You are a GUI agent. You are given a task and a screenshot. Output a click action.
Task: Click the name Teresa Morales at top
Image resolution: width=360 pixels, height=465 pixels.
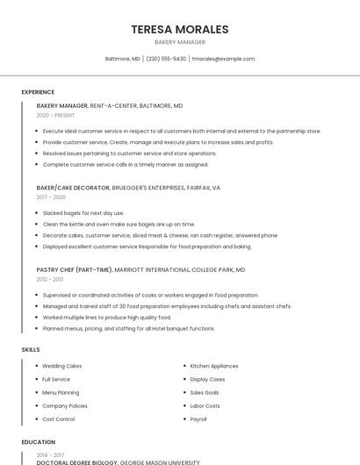(179, 29)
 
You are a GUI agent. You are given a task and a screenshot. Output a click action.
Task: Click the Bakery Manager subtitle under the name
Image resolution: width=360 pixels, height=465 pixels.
(179, 42)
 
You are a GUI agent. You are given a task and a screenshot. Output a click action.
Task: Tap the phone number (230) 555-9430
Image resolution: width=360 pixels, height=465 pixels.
(166, 59)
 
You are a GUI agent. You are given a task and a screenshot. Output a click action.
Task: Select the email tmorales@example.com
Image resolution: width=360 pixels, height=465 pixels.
(223, 59)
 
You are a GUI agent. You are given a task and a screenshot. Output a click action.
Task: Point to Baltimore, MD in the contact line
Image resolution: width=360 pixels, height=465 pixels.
(123, 59)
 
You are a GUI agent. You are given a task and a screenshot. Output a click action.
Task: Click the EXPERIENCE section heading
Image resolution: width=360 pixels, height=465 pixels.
(38, 92)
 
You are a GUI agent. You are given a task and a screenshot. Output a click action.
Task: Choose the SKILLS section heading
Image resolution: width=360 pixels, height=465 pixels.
(31, 349)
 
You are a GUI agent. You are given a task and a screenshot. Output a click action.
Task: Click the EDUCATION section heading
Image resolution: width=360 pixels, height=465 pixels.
(38, 442)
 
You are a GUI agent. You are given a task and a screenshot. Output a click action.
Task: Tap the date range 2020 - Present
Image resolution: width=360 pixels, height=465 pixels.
(55, 115)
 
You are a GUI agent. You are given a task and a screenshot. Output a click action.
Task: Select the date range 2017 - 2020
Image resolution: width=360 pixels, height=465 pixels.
(51, 197)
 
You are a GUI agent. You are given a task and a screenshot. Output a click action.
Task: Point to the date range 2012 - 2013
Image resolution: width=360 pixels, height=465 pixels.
(50, 279)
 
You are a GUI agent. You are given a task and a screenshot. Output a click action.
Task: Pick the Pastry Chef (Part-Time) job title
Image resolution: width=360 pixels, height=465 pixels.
(75, 269)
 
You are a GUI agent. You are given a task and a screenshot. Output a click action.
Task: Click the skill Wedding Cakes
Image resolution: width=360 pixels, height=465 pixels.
(62, 366)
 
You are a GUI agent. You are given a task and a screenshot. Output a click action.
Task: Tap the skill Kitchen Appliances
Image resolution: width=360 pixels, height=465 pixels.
(214, 366)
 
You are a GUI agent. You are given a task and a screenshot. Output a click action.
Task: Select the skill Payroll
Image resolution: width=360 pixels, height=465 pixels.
(198, 419)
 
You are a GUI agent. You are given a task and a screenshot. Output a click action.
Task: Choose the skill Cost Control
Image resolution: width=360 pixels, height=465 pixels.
(59, 419)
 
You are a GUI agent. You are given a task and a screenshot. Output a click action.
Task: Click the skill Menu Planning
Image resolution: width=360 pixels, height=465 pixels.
(61, 392)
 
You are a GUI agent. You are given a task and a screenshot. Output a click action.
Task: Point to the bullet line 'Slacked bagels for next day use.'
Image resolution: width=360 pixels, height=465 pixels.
(83, 212)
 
